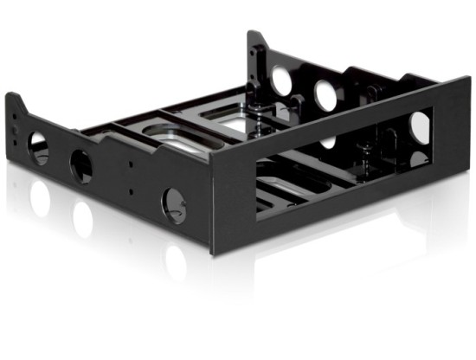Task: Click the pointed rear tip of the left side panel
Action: pyautogui.click(x=15, y=98)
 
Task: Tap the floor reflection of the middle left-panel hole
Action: pyautogui.click(x=82, y=220)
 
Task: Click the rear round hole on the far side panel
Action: pyautogui.click(x=281, y=80)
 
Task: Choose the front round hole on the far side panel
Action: pyautogui.click(x=327, y=95)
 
